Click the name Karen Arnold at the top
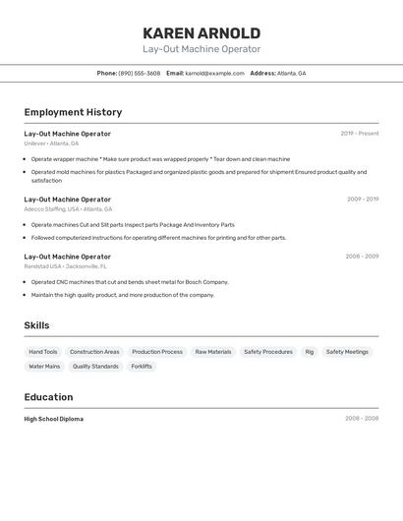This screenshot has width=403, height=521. pos(201,33)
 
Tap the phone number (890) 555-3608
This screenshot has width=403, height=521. pos(139,73)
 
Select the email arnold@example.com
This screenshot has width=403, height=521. pos(214,73)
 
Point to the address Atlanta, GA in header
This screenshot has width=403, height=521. pos(291,73)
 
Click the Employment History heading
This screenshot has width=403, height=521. pos(73,112)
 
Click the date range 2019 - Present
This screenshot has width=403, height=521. pos(359,134)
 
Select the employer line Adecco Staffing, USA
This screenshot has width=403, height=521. pos(68,209)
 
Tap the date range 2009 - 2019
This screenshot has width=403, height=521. pos(362,200)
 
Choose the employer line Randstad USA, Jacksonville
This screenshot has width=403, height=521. pos(65,266)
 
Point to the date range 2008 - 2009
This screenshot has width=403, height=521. pos(362,257)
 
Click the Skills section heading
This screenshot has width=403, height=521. pos(36,325)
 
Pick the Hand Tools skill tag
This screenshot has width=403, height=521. pos(43,352)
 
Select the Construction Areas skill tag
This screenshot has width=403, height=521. pos(94,352)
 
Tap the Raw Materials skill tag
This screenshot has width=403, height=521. pos(213,352)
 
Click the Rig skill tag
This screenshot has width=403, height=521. pos(310,352)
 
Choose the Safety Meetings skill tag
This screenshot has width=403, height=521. pos(347,352)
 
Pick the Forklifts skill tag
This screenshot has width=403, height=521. pos(142,367)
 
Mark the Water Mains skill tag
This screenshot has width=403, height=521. pos(44,367)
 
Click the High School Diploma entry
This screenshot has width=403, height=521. pos(54,419)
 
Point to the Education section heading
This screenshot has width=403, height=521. pos(48,397)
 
